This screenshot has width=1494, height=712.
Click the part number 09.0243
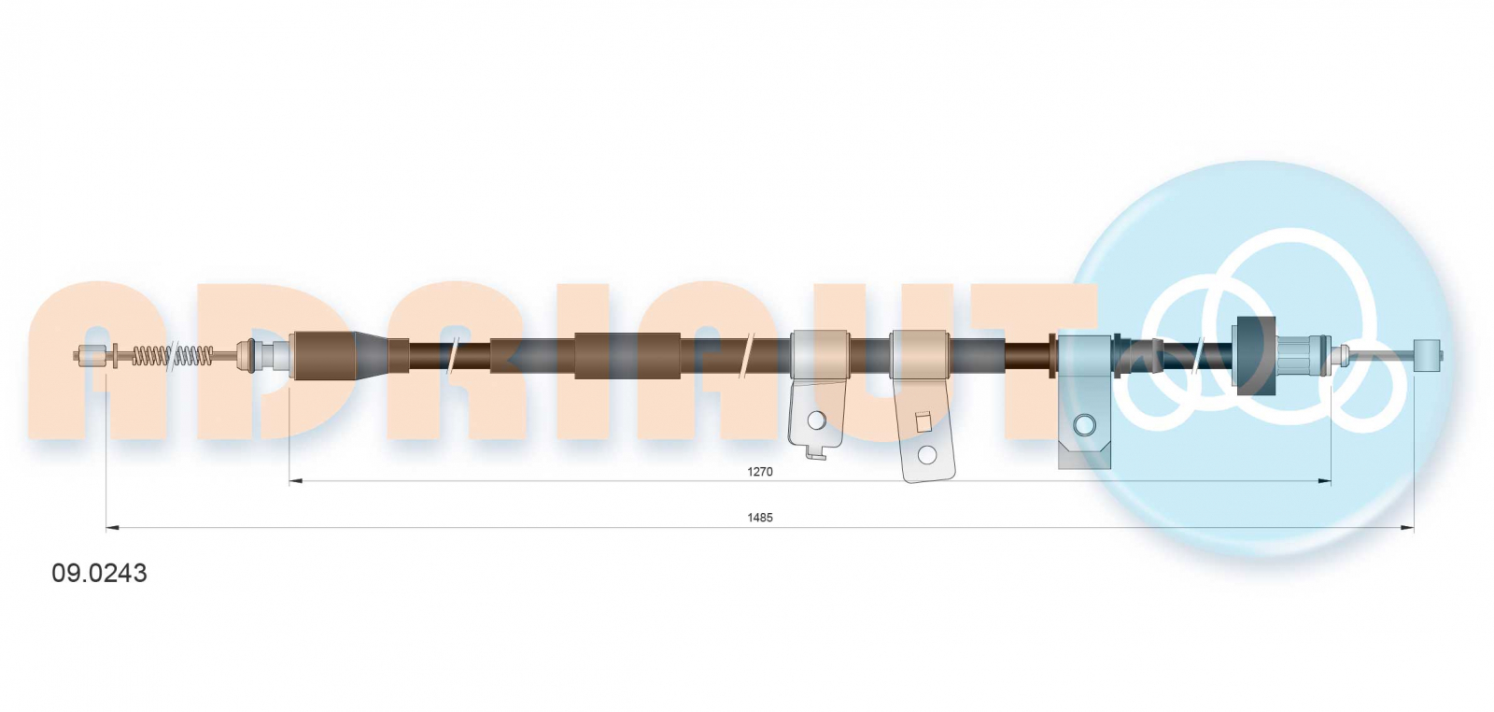coord(99,573)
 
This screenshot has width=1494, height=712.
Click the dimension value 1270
coord(760,472)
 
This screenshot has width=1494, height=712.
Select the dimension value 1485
coord(760,517)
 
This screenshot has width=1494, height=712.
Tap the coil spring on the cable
coord(173,356)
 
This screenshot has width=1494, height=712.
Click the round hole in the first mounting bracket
coord(816,420)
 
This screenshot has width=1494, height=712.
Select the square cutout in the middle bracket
coord(923,421)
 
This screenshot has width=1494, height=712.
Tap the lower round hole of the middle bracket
coord(927,455)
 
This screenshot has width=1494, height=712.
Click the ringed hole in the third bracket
coord(1084,424)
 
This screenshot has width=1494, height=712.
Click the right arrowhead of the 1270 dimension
coord(1325,480)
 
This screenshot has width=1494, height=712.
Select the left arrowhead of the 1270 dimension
coord(296,480)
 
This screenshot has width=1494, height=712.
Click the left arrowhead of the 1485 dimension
coord(113,528)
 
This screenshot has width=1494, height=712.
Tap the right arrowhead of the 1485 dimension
coord(1406,528)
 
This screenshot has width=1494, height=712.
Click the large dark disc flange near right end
coord(1256,356)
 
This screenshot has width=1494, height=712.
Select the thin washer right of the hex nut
coord(116,356)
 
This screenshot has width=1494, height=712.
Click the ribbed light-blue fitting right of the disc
coord(1297,355)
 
